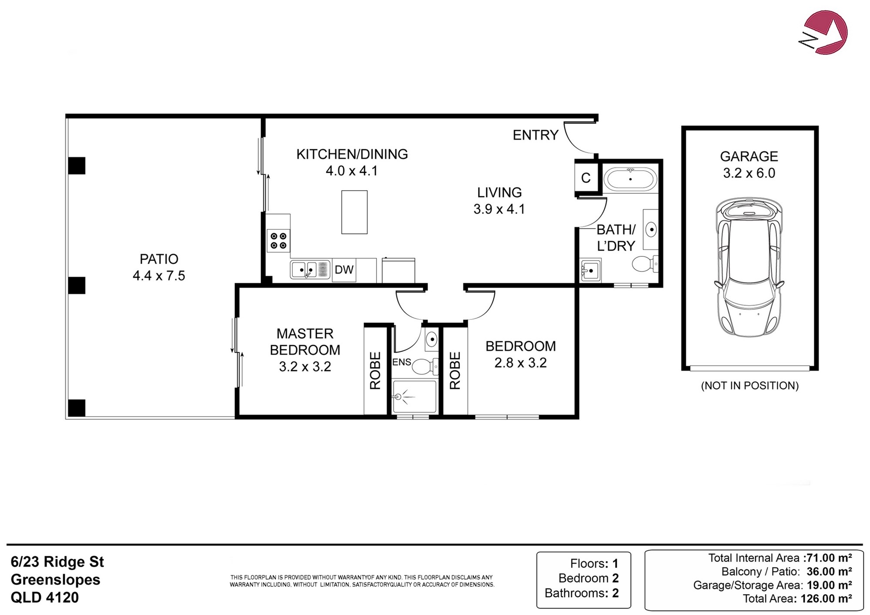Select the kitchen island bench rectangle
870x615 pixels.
[354, 212]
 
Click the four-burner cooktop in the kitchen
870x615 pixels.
[278, 241]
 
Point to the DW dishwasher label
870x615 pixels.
[344, 270]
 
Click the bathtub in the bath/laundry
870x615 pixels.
[630, 179]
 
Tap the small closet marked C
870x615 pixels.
[586, 177]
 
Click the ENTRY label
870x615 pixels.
[535, 135]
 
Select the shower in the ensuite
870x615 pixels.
[415, 396]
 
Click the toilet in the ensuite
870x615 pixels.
[425, 367]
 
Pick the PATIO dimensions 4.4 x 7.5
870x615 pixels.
[159, 276]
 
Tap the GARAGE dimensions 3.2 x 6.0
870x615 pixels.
[749, 173]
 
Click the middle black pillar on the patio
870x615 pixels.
[77, 285]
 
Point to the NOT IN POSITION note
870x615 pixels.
[750, 386]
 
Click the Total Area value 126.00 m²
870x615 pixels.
[826, 598]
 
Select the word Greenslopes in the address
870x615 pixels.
[55, 580]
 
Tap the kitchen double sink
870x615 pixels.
[310, 270]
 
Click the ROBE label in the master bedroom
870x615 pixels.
[375, 371]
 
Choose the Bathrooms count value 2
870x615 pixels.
[615, 593]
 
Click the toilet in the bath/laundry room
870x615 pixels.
[645, 264]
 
